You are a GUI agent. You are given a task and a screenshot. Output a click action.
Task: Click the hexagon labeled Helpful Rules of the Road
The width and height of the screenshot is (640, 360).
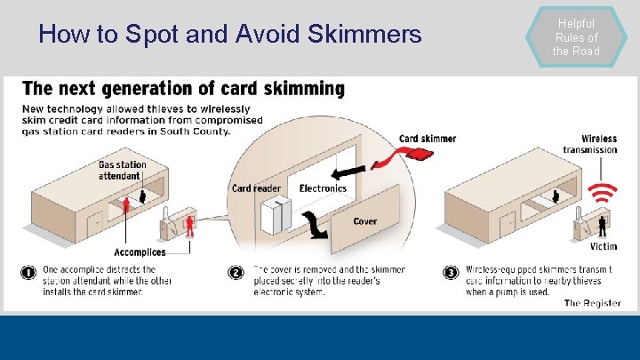click(x=577, y=37)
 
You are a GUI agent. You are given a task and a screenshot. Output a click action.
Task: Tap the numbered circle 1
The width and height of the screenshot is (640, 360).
click(x=28, y=272)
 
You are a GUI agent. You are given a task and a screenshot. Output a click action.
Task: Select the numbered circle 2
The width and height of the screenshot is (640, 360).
click(x=236, y=272)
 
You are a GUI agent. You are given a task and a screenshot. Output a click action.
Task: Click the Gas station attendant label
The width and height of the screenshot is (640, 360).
click(x=123, y=170)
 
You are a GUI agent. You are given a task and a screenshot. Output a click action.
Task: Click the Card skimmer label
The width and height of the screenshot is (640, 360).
click(x=428, y=139)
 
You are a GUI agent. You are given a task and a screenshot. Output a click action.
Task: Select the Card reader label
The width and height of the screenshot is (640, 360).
click(x=256, y=188)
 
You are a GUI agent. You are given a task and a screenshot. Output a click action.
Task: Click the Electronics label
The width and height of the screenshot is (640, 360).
click(x=323, y=188)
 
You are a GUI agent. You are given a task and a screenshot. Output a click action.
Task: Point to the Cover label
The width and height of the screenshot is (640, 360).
click(x=364, y=221)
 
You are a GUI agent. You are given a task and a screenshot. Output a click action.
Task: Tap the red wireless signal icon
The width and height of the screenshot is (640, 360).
click(x=604, y=193)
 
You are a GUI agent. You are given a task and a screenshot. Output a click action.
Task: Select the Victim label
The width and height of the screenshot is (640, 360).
click(x=603, y=246)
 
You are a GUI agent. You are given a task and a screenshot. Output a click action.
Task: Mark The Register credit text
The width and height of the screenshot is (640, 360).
click(x=593, y=303)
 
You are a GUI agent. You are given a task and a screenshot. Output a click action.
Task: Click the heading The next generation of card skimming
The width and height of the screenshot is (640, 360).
click(x=183, y=89)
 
